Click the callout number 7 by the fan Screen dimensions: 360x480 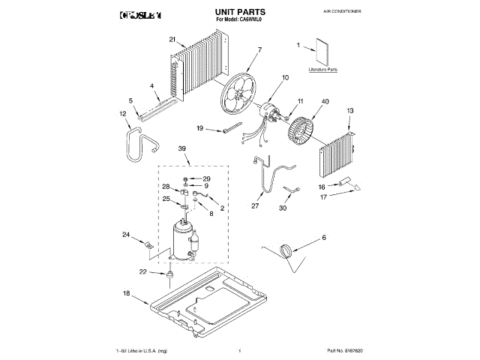click(259, 51)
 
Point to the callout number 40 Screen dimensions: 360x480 click(325, 102)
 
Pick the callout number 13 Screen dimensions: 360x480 click(349, 110)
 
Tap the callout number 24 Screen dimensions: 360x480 click(125, 235)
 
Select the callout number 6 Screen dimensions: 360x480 click(324, 238)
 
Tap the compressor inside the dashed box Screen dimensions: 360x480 click(182, 239)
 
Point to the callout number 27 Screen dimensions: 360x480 click(255, 205)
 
